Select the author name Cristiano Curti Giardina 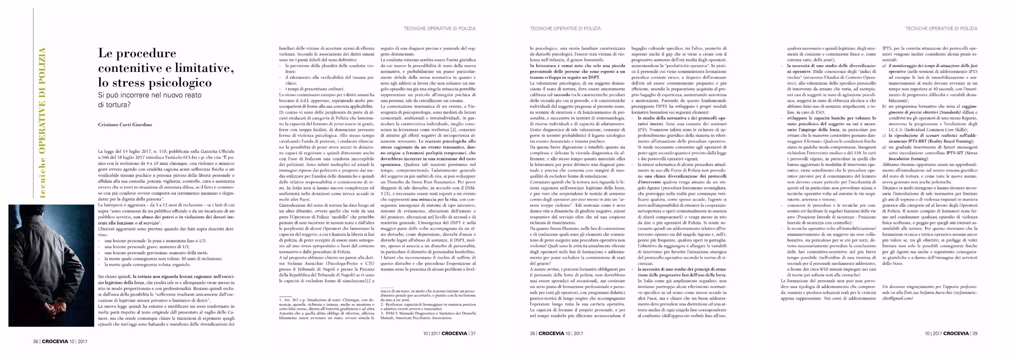[125, 125]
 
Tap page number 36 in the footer [35, 341]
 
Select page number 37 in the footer [473, 334]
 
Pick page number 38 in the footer [532, 334]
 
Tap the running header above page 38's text [565, 28]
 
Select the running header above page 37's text [440, 28]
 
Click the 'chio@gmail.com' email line [898, 298]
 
